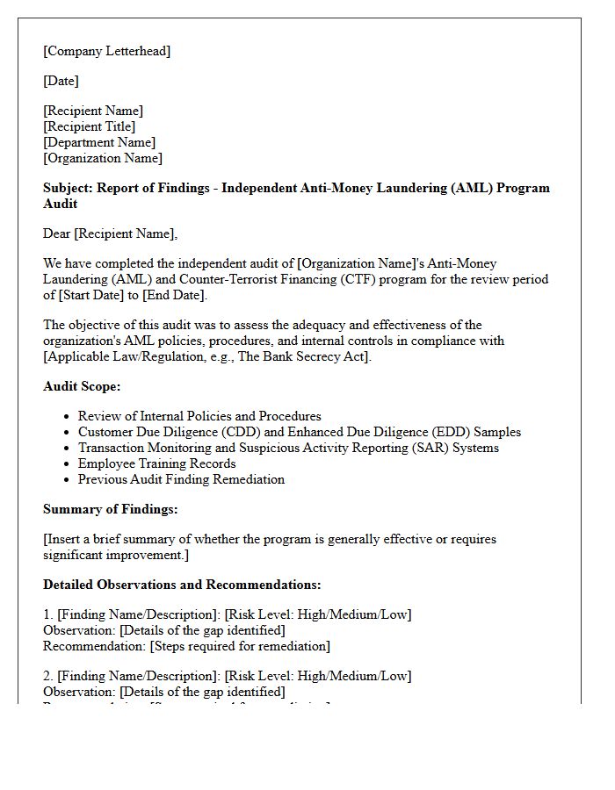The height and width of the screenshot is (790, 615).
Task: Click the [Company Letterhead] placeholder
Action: click(x=106, y=51)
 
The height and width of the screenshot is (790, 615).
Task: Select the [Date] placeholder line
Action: click(x=61, y=81)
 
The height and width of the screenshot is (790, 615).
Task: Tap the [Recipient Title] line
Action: click(x=89, y=126)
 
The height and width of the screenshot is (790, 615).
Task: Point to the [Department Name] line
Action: click(x=99, y=142)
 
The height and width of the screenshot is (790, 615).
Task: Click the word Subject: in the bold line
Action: click(x=68, y=188)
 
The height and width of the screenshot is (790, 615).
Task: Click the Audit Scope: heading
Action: click(x=82, y=386)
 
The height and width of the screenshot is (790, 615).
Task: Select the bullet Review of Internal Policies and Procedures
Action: click(x=199, y=416)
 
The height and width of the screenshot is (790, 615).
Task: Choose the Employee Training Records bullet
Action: click(x=156, y=463)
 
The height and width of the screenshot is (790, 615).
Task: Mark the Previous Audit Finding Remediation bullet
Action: click(x=181, y=479)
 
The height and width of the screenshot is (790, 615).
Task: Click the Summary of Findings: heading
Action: click(x=111, y=509)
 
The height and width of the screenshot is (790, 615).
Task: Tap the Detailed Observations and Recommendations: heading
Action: click(x=182, y=585)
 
